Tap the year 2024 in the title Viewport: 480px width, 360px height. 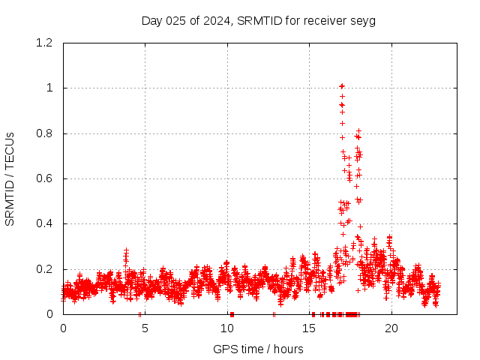pos(217,20)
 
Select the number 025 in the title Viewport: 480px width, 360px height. pos(176,20)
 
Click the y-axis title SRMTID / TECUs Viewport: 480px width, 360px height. pos(10,178)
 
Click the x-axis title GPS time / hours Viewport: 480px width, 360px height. pos(258,349)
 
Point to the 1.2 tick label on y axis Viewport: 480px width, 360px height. pos(43,43)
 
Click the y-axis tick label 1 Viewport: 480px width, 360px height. pos(49,88)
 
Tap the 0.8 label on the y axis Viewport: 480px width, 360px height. pos(43,133)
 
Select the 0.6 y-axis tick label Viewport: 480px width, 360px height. pos(43,178)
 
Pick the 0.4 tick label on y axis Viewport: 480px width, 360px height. pos(43,224)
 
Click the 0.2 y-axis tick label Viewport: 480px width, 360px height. pos(43,269)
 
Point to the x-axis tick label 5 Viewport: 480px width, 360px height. pos(145,328)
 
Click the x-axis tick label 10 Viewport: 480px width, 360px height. pos(226,328)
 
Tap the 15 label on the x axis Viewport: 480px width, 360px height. pos(308,328)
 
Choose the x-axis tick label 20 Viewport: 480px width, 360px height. pos(390,328)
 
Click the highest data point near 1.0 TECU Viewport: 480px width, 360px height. pos(342,85)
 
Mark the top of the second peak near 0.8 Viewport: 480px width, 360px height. pos(359,130)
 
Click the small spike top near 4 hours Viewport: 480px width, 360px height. pos(126,250)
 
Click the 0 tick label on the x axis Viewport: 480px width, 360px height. pos(63,328)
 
